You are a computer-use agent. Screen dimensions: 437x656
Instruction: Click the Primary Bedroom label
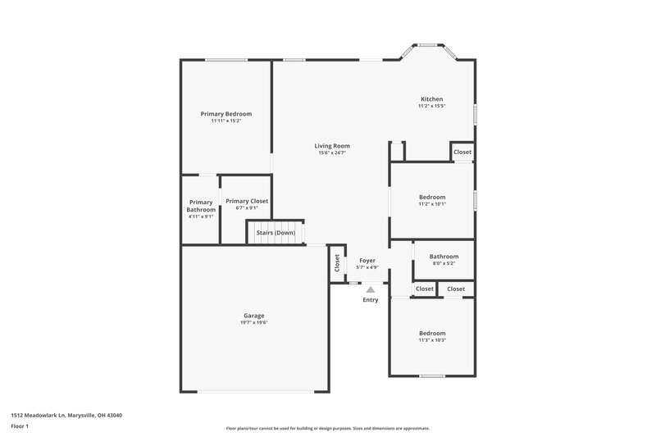225,113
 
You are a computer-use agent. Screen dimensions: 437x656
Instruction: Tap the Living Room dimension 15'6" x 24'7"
332,153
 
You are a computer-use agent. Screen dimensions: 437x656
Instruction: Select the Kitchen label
431,99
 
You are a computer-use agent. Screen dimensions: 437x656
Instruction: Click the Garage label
253,316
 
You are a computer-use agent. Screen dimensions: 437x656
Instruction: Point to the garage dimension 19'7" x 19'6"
253,322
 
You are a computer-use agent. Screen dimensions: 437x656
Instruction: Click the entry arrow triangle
371,289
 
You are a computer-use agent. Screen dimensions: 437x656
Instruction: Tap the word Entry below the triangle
371,300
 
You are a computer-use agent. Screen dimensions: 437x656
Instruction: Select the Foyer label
367,260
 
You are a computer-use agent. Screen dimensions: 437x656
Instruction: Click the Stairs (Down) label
276,233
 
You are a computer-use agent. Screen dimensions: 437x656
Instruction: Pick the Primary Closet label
247,201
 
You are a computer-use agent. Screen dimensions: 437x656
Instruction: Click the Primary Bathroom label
201,206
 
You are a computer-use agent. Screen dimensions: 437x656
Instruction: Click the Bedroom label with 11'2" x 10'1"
432,197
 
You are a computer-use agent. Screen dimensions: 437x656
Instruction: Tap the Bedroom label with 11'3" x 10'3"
432,333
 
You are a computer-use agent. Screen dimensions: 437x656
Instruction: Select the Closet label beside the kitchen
462,152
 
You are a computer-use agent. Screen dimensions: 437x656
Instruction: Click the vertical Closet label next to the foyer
337,264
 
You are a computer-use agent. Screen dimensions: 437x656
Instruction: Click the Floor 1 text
20,426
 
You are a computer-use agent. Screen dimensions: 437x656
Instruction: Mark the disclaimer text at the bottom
327,428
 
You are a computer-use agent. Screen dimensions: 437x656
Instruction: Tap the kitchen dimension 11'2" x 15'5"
431,106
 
